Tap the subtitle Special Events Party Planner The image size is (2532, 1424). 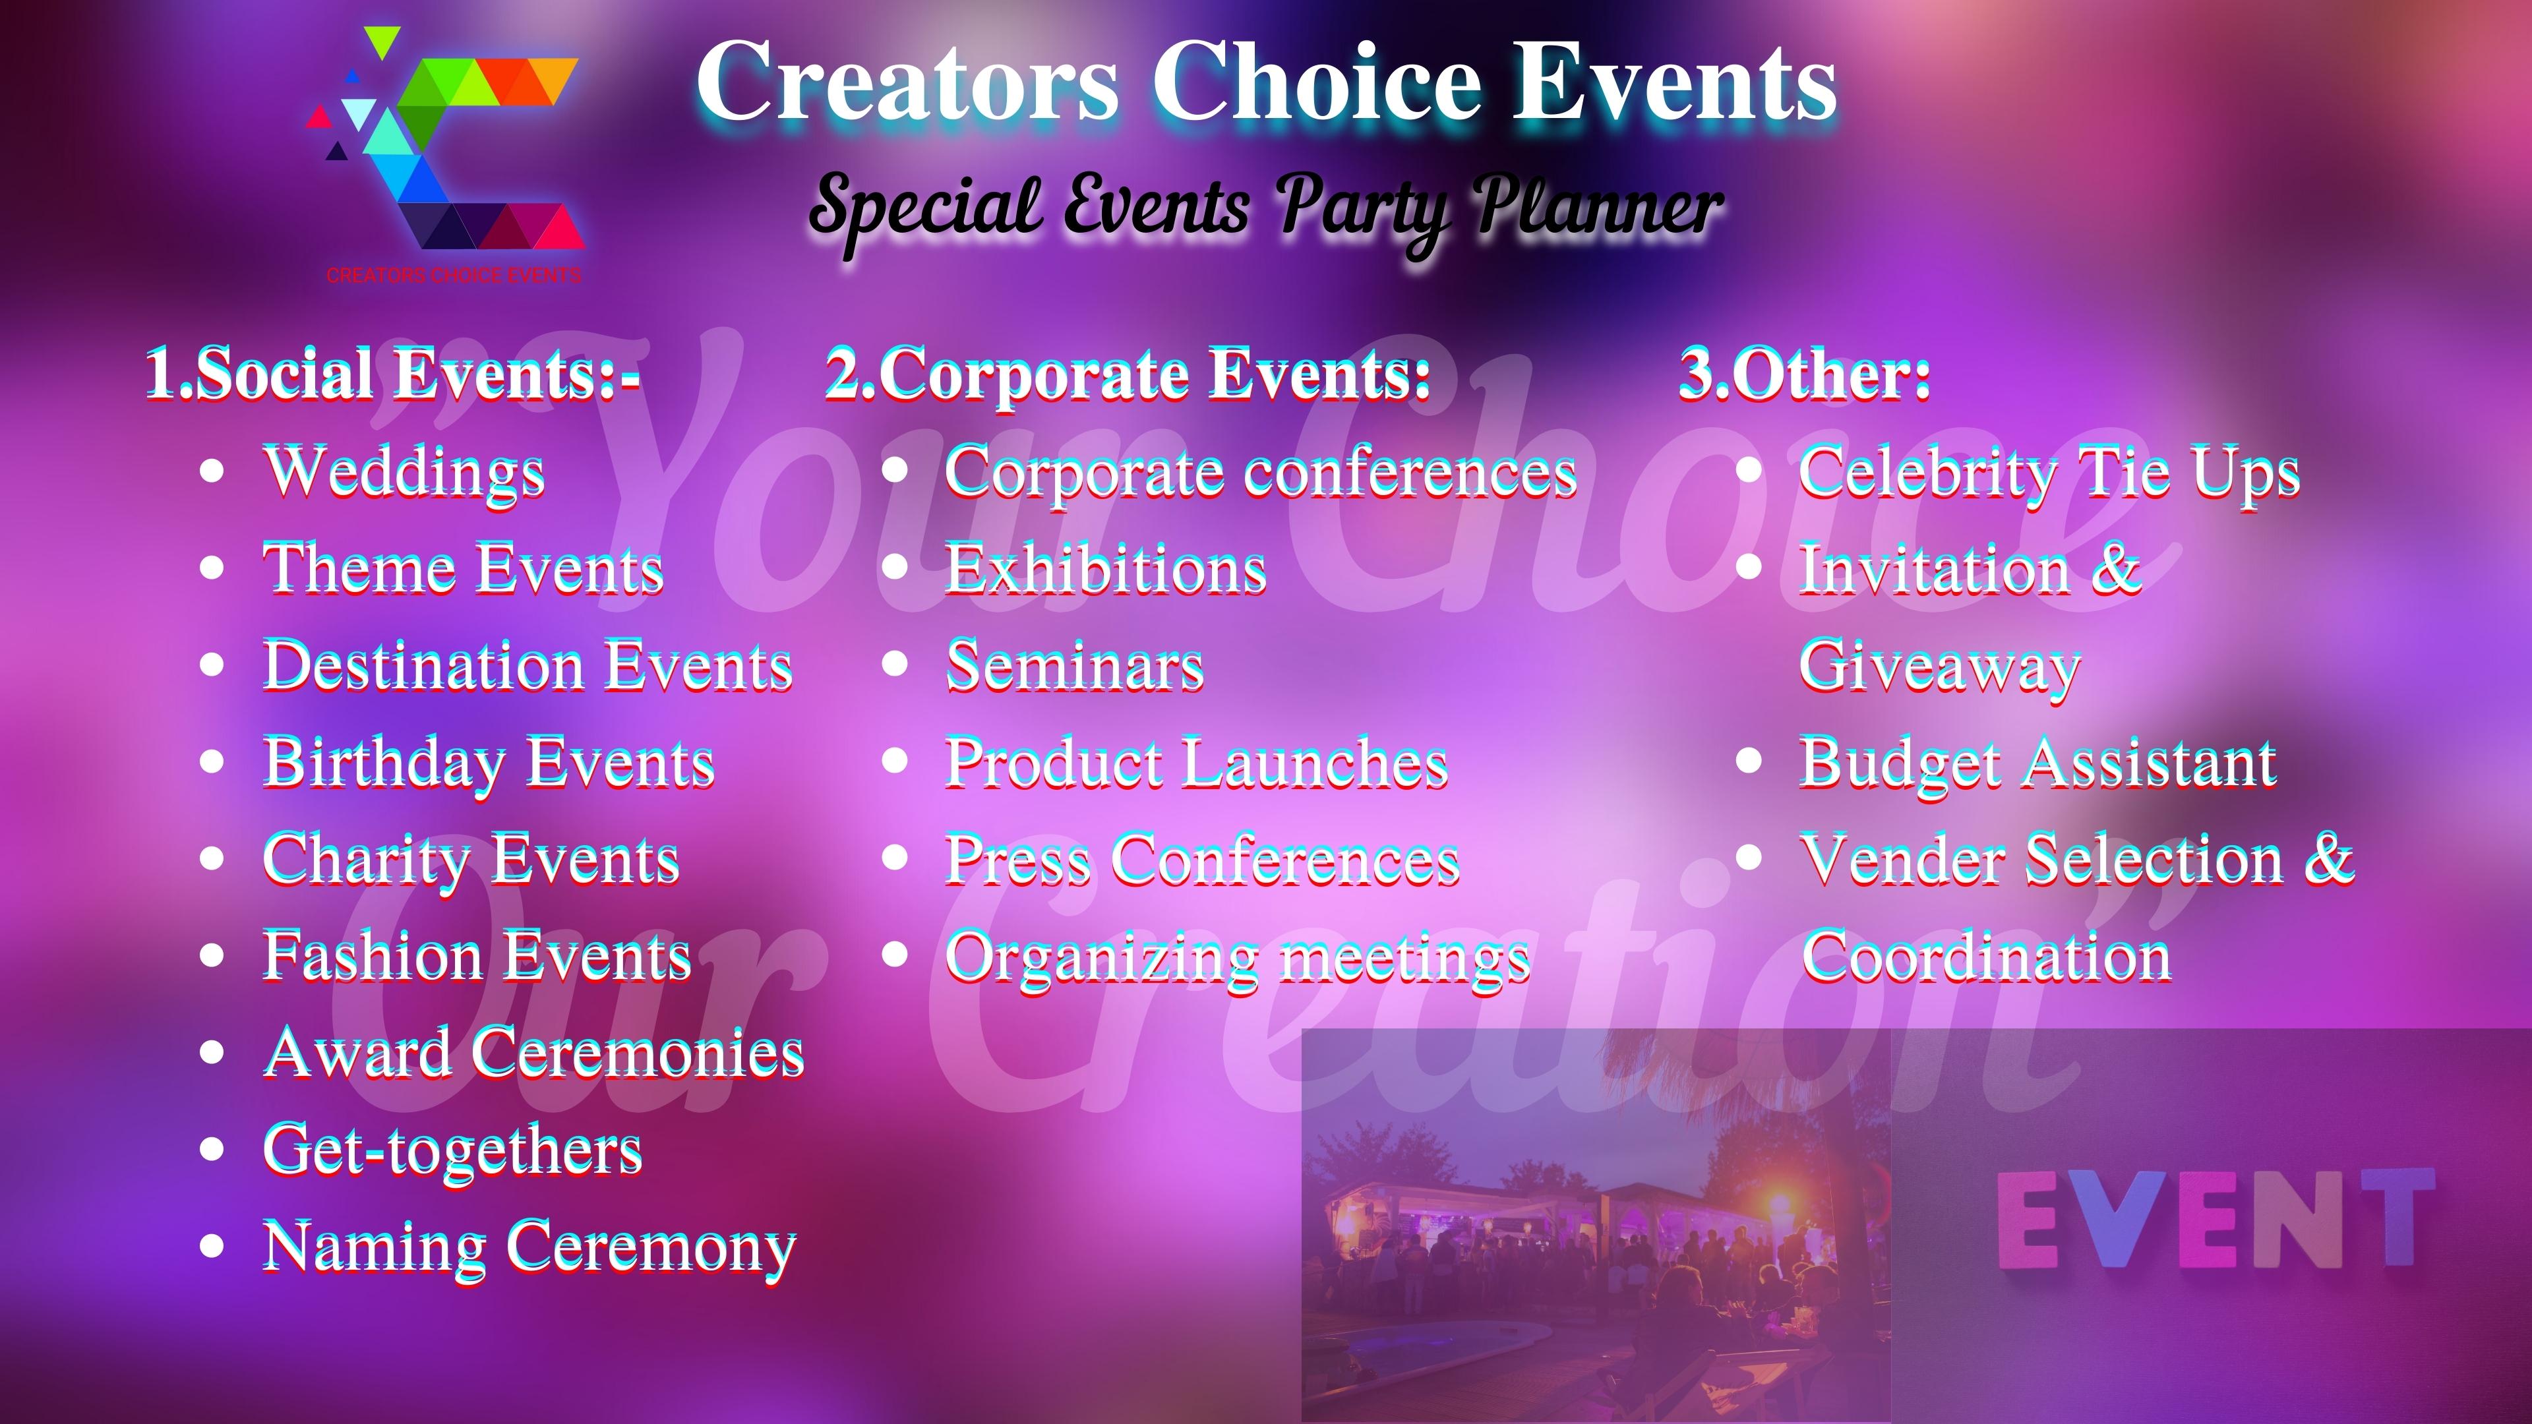[1266, 206]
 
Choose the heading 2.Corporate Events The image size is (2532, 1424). [1128, 373]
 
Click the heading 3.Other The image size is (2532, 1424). [1805, 373]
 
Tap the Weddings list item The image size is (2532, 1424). [403, 472]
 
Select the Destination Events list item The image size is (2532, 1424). [527, 665]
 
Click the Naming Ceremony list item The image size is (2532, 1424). [529, 1246]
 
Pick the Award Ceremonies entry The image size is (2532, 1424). [533, 1052]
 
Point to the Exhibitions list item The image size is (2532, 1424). [1105, 569]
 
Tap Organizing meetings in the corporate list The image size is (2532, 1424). [1236, 956]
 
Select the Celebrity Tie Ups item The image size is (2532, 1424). [2049, 472]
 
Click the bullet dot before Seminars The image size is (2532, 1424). [895, 665]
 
